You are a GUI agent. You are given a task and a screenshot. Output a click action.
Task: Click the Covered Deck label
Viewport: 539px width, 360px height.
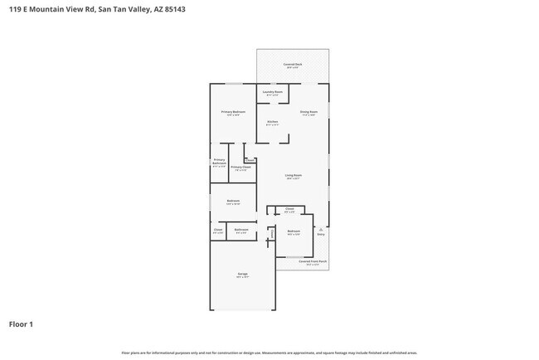[293, 64]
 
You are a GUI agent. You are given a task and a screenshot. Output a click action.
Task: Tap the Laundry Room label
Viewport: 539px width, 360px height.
[273, 91]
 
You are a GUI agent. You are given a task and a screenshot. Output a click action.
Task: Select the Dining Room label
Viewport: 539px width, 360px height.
[308, 111]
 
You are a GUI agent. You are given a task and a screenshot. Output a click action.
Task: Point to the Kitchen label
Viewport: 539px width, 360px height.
[272, 122]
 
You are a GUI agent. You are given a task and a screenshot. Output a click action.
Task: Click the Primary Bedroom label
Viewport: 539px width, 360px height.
[233, 111]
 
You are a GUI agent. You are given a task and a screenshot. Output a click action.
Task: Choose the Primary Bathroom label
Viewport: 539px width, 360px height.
[219, 161]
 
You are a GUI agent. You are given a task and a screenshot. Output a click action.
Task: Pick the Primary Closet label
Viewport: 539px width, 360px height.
[241, 167]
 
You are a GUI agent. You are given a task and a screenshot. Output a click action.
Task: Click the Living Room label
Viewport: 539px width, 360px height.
[293, 175]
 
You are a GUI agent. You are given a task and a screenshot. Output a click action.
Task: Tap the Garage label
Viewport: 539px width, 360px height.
[242, 274]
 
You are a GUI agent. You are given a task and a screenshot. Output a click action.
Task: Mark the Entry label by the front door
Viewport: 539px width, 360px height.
[321, 234]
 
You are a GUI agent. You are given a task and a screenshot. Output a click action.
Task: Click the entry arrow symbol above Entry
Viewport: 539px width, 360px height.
[321, 228]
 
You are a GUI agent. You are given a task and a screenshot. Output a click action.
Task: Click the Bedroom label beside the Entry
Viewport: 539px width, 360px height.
[293, 231]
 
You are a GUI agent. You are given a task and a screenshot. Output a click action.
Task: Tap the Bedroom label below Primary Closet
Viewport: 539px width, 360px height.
[233, 200]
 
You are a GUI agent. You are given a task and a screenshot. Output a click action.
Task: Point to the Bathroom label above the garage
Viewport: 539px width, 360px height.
[241, 229]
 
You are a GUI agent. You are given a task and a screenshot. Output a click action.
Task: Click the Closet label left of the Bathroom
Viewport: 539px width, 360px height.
[218, 229]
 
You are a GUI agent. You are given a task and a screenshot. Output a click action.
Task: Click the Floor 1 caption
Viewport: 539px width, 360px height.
[21, 324]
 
